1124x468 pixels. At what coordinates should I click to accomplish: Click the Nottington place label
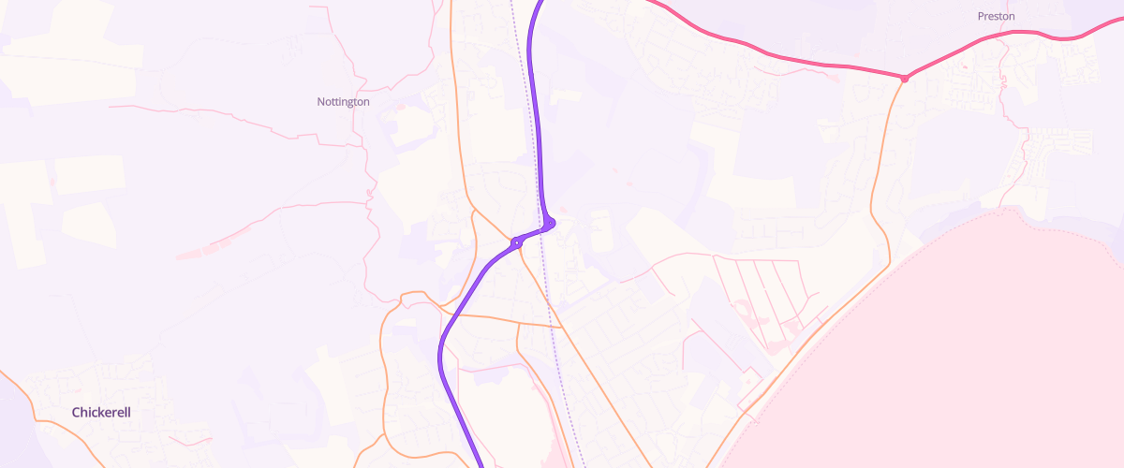point(343,101)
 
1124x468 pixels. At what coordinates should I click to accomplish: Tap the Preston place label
point(996,16)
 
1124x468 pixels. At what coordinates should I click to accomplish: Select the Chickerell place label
point(100,412)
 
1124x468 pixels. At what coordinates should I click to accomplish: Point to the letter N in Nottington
point(320,101)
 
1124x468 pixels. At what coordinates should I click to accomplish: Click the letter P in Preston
point(980,16)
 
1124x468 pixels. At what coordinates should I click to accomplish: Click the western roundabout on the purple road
point(516,243)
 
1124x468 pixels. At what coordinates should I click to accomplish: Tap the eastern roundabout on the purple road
point(551,223)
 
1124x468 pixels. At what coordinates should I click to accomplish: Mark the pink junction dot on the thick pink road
point(905,79)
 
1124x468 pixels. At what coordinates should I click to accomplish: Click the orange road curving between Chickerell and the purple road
point(384,374)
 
